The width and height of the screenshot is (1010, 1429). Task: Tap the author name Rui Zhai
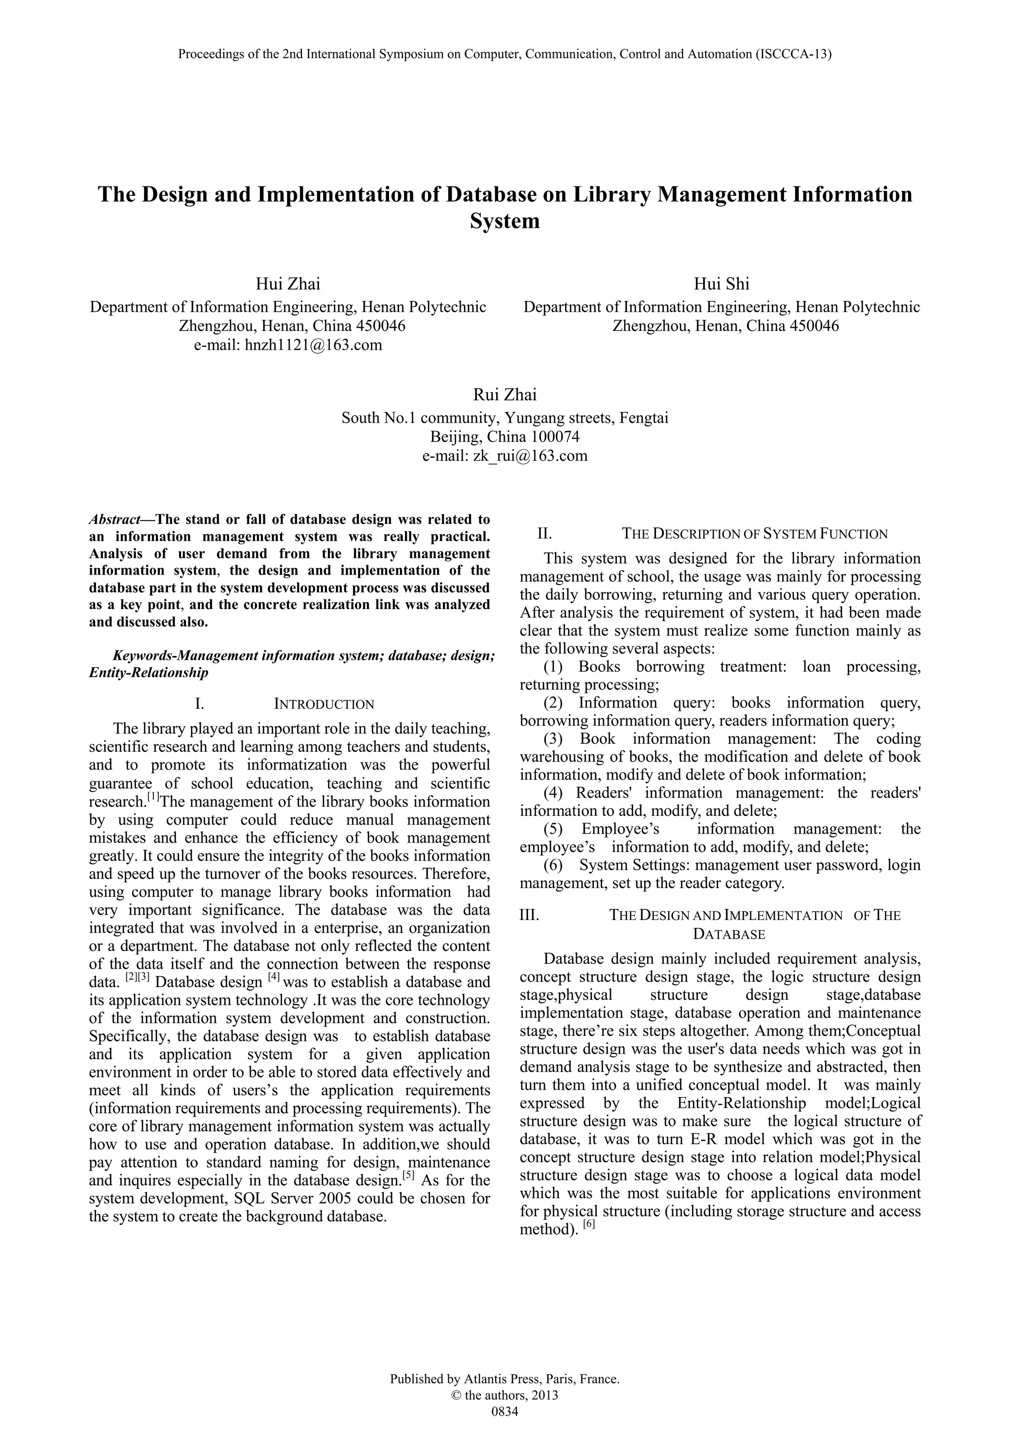(504, 395)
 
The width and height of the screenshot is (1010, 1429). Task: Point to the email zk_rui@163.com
(530, 456)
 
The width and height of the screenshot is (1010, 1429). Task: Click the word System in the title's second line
(504, 221)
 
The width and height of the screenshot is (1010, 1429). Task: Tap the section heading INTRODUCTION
(324, 704)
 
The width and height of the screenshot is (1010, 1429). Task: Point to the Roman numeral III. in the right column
(529, 915)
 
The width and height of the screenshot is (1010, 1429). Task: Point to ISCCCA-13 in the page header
(792, 54)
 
